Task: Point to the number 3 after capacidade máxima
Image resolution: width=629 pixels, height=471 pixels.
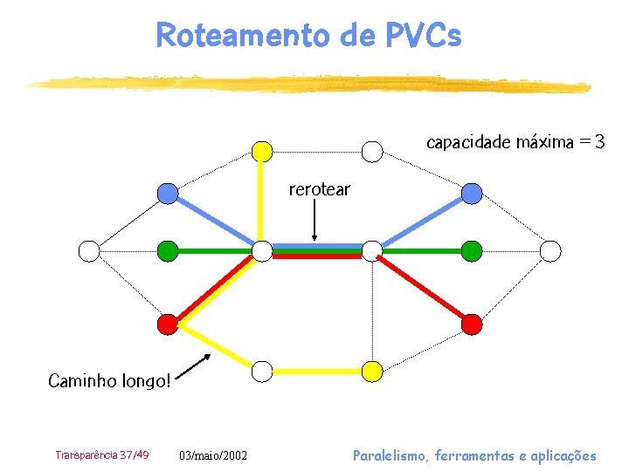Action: click(598, 142)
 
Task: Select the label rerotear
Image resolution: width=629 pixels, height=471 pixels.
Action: click(319, 189)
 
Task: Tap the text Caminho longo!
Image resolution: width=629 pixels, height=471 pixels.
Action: click(109, 380)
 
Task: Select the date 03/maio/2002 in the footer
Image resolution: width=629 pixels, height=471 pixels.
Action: click(213, 455)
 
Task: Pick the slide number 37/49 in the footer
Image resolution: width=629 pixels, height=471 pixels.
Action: click(135, 454)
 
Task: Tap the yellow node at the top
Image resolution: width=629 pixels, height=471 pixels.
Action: click(262, 151)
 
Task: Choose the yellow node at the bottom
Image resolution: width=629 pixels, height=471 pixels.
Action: click(372, 371)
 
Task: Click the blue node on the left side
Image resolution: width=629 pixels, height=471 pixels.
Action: click(168, 193)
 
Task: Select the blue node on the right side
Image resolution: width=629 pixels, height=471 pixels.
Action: click(472, 193)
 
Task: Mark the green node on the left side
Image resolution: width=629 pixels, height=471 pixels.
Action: click(168, 251)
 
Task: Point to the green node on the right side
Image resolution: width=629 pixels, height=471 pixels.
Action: click(472, 251)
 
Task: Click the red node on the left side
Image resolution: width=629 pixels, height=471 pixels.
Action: click(168, 324)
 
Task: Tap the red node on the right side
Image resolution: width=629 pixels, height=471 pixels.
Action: click(472, 324)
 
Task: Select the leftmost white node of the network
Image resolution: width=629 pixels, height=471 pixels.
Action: click(89, 251)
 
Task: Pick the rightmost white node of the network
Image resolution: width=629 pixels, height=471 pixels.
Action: click(550, 251)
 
